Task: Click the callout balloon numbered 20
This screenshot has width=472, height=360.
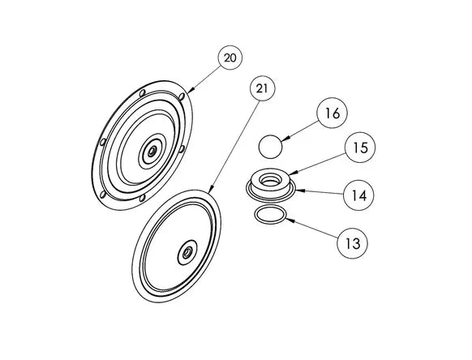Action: coord(230,58)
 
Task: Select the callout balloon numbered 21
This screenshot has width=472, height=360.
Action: coord(262,88)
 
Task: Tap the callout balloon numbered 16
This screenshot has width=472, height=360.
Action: coord(332,113)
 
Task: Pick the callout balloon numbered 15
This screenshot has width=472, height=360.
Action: coord(360,148)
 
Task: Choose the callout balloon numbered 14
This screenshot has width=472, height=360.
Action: coord(358,195)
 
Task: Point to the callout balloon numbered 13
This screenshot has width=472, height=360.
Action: coord(353,243)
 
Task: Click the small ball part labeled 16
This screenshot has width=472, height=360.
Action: coord(270,147)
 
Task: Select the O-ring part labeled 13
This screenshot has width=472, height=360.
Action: coord(270,214)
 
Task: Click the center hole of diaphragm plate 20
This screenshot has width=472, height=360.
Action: coord(152,150)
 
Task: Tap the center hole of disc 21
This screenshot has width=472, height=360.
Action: coord(188,251)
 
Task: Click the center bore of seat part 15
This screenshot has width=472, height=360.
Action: coord(270,180)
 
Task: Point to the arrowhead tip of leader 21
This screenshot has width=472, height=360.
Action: coord(208,193)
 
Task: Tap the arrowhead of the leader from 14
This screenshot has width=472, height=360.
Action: coord(296,190)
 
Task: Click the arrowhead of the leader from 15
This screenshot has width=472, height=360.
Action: coord(290,174)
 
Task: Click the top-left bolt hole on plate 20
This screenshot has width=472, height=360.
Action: coord(143,92)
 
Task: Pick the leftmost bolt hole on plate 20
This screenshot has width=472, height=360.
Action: coord(103,142)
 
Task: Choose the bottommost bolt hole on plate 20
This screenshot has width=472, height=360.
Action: coord(143,198)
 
